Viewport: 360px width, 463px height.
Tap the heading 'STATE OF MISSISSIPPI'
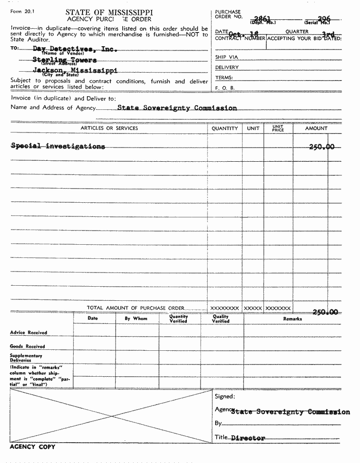(x=109, y=12)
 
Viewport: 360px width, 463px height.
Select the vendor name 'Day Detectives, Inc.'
(x=75, y=49)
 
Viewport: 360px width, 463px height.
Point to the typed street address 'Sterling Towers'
(x=65, y=60)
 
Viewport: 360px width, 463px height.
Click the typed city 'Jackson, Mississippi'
(x=75, y=70)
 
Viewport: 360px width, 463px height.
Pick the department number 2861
(x=262, y=19)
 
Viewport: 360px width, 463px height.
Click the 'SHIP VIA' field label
(x=226, y=57)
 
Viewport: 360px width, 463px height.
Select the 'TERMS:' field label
(x=224, y=78)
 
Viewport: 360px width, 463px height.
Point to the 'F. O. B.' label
(x=225, y=88)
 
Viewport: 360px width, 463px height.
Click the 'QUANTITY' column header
(x=225, y=128)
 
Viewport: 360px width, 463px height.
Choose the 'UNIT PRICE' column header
(x=278, y=128)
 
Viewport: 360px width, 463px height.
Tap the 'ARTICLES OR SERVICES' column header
(x=109, y=128)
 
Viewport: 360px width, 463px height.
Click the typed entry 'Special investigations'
(x=58, y=146)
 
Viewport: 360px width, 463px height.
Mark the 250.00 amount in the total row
(x=325, y=312)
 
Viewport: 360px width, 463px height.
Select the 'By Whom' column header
(x=136, y=319)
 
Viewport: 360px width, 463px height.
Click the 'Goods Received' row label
(x=27, y=347)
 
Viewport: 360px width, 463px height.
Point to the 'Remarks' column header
(x=293, y=319)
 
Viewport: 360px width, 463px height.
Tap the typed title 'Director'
(x=248, y=438)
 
